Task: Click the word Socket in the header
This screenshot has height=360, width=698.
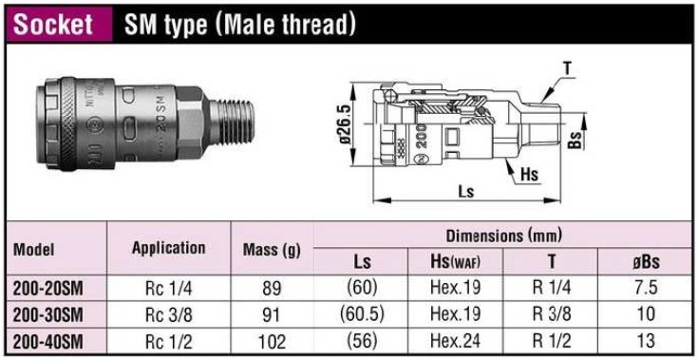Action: click(53, 25)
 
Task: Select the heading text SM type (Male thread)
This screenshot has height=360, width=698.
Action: click(240, 25)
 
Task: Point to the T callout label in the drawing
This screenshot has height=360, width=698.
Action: click(567, 67)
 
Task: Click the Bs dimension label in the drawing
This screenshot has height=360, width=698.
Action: click(575, 141)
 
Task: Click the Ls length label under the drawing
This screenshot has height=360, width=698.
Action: click(465, 191)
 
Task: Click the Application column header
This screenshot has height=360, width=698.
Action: click(168, 248)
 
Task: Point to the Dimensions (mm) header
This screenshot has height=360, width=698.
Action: click(503, 235)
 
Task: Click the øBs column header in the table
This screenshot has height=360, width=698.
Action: click(646, 261)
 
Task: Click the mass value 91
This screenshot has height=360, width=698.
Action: click(273, 313)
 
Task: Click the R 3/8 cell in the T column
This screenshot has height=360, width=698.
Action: click(551, 313)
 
